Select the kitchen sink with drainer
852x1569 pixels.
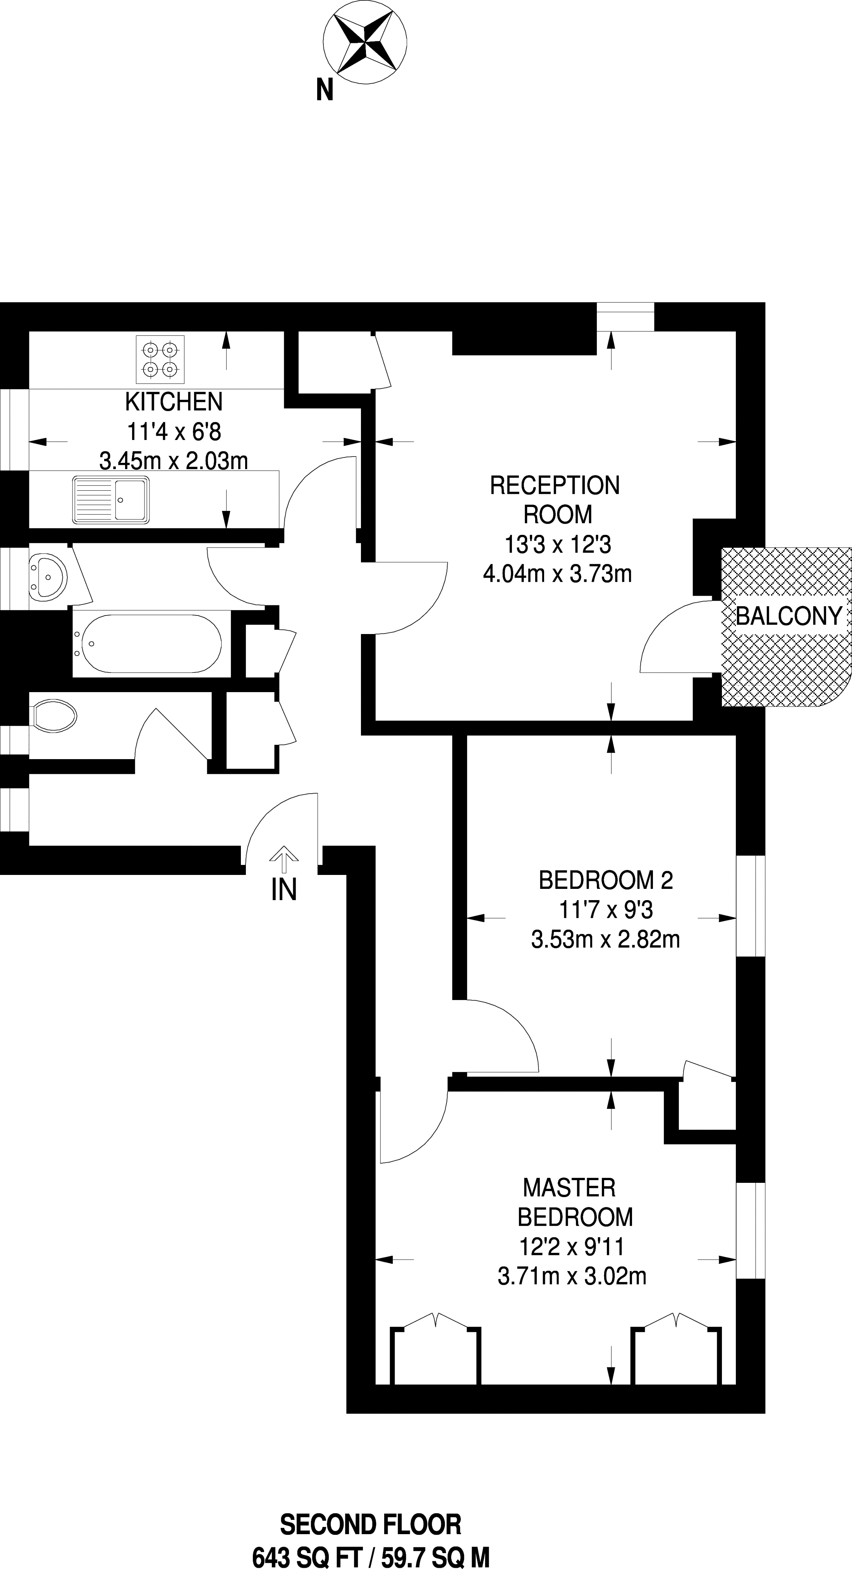[x=111, y=500]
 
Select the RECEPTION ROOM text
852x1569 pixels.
[x=555, y=500]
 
